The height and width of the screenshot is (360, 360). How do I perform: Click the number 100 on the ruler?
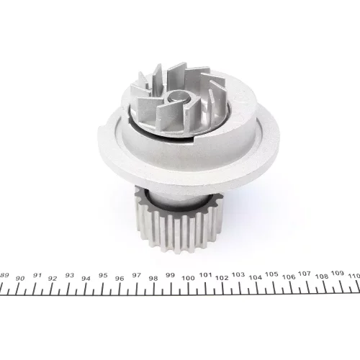[x=188, y=278]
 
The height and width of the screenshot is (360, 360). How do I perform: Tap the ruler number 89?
[x=4, y=275]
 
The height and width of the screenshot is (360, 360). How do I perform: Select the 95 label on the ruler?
[x=103, y=275]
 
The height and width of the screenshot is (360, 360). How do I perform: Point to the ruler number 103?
[x=238, y=274]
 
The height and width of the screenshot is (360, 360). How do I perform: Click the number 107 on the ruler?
[x=305, y=274]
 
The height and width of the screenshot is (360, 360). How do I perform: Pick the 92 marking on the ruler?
[x=53, y=279]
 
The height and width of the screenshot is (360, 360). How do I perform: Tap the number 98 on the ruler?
[x=153, y=279]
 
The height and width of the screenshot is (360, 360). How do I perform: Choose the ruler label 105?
[x=271, y=274]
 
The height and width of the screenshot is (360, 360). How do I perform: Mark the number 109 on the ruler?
[x=338, y=273]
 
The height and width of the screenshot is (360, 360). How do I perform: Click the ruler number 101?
[x=205, y=275]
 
